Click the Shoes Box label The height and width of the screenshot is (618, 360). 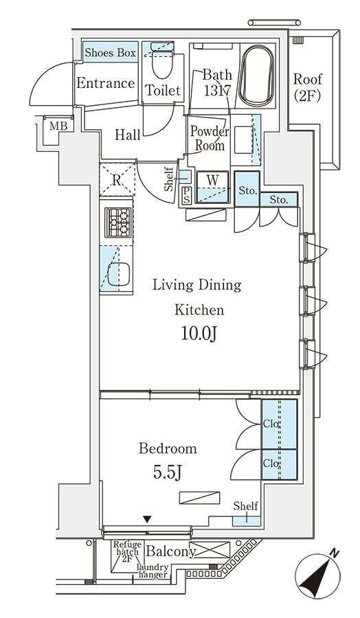point(111,53)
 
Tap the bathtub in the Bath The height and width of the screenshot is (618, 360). point(256,76)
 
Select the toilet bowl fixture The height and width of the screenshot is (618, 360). point(162,65)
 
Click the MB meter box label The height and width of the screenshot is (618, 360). point(59,126)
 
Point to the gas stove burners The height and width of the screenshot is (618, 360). point(118,222)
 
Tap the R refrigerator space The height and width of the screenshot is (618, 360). point(116,180)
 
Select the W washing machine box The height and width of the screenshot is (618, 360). point(212,187)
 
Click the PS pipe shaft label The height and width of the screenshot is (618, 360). point(185,196)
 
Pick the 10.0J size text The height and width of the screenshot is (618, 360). point(199,334)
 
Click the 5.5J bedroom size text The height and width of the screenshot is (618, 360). point(167,472)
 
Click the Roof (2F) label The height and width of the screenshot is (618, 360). point(308,87)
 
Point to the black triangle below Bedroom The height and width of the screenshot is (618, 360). point(147,520)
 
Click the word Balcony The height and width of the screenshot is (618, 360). point(171,551)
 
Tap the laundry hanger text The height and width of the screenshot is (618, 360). point(153,571)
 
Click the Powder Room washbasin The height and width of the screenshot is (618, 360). point(244,139)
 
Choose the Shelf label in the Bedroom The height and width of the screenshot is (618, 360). point(245,505)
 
